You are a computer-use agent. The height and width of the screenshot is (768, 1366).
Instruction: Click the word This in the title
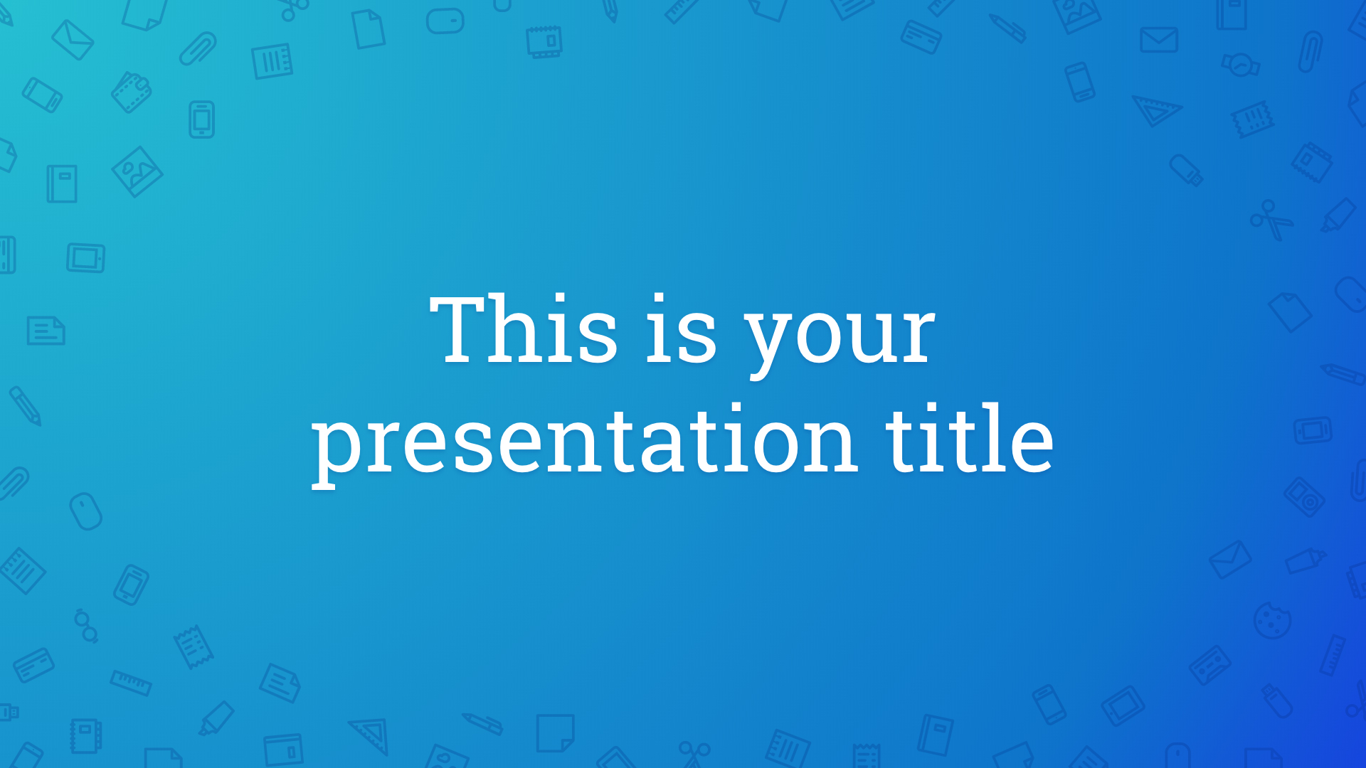click(524, 329)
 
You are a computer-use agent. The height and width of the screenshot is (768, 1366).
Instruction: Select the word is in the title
click(681, 329)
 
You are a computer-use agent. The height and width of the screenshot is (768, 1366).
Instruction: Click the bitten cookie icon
click(1272, 620)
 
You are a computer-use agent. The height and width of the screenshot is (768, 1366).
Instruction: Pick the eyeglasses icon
click(86, 626)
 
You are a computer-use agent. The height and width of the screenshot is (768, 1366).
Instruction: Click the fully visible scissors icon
click(1272, 219)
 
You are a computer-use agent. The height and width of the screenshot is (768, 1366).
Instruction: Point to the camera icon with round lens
click(1305, 496)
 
